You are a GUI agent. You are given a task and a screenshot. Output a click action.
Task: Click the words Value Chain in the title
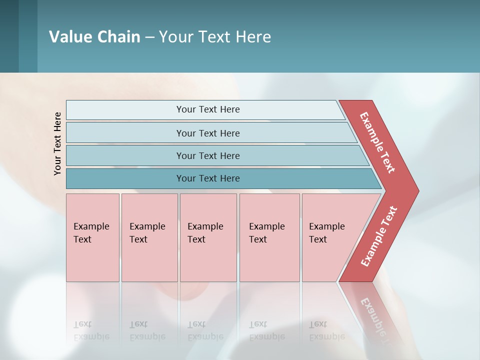coord(94,37)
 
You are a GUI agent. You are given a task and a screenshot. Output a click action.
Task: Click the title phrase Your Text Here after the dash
coord(215,37)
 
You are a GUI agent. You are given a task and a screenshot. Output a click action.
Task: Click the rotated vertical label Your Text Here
coord(57,144)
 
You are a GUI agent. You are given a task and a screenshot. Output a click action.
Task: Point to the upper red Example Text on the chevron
coord(377,142)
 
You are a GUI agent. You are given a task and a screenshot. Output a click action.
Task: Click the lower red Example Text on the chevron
coord(378,236)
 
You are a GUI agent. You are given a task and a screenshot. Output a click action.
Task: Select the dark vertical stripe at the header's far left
coord(9,36)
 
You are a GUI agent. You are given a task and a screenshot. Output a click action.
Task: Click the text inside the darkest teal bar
coord(208,178)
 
